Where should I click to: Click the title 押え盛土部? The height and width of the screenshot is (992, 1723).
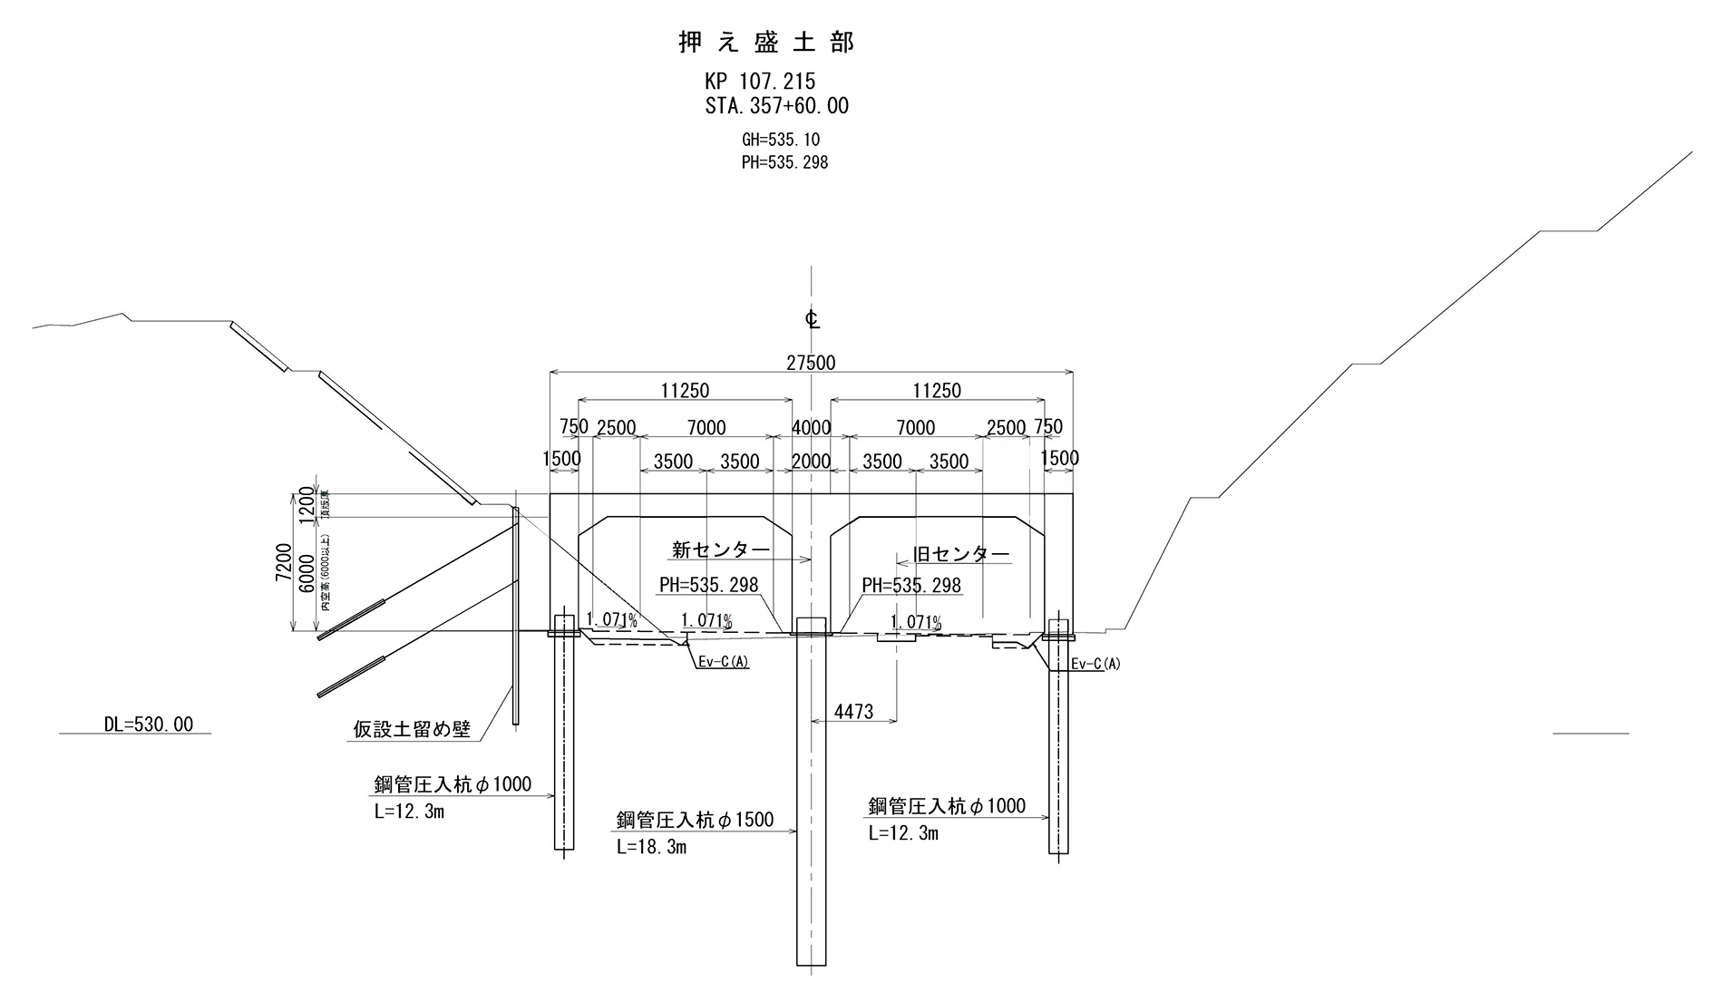pyautogui.click(x=766, y=43)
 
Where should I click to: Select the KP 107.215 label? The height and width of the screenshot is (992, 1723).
pyautogui.click(x=760, y=83)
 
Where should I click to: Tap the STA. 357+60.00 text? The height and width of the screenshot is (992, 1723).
pyautogui.click(x=777, y=106)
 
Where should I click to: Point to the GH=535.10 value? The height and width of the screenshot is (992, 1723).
pyautogui.click(x=780, y=140)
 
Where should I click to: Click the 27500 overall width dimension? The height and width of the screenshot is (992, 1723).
pyautogui.click(x=811, y=363)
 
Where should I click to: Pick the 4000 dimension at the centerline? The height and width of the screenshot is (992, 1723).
pyautogui.click(x=811, y=427)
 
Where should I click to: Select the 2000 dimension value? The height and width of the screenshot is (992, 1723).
pyautogui.click(x=811, y=461)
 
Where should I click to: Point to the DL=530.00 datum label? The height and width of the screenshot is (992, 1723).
pyautogui.click(x=148, y=725)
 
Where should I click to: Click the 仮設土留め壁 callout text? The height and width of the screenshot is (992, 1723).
pyautogui.click(x=412, y=729)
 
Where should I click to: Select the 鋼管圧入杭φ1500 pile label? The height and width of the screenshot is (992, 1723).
pyautogui.click(x=695, y=820)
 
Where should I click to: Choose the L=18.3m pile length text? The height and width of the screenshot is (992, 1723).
pyautogui.click(x=651, y=847)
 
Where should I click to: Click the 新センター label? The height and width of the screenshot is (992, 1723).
pyautogui.click(x=721, y=549)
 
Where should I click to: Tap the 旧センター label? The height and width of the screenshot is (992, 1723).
pyautogui.click(x=960, y=554)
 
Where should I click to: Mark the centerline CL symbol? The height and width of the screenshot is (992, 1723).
pyautogui.click(x=812, y=318)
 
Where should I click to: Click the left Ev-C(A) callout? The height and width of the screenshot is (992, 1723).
pyautogui.click(x=723, y=662)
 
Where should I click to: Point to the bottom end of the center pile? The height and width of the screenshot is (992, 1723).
pyautogui.click(x=811, y=963)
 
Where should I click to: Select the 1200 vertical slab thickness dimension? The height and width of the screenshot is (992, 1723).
pyautogui.click(x=306, y=506)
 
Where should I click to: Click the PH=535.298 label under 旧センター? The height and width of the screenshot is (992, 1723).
pyautogui.click(x=910, y=586)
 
